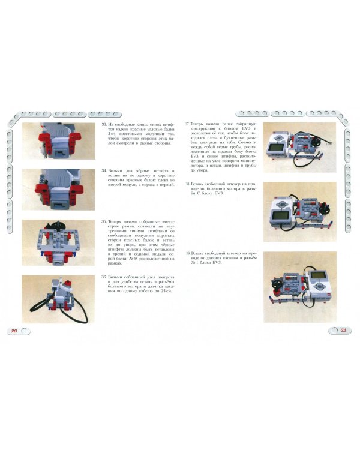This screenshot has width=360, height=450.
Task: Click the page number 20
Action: point(14,331)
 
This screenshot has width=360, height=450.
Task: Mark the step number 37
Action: point(188,125)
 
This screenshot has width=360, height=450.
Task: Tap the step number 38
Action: point(188,184)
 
